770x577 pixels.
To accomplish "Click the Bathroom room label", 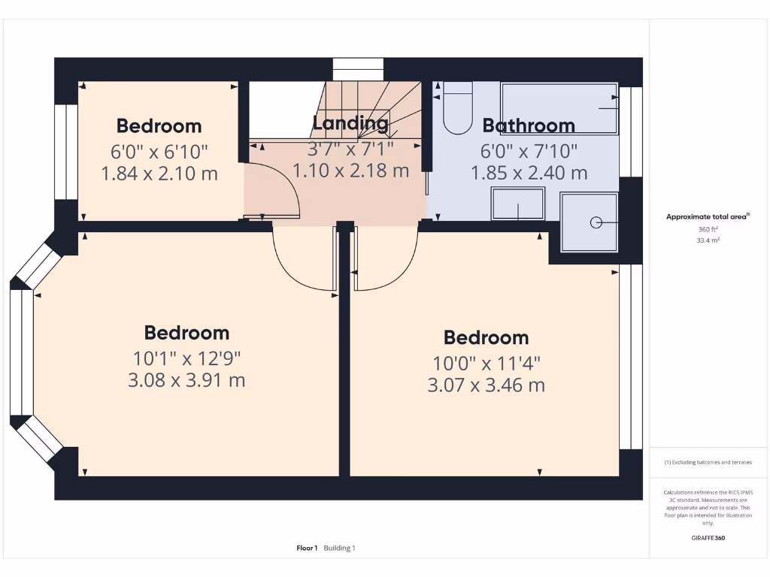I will click(528, 125).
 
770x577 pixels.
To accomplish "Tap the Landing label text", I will click(350, 123).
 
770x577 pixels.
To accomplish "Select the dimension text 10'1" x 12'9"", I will click(186, 358).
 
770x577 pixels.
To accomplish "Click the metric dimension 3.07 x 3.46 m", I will click(486, 386).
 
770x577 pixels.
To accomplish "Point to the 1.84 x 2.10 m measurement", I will click(159, 174).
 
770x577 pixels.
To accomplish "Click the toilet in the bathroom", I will click(456, 110).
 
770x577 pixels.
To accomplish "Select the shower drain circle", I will click(596, 222).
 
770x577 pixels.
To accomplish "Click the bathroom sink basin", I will click(517, 204).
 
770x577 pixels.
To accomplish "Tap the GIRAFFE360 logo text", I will click(708, 538).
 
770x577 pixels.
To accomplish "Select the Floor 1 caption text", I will click(307, 548).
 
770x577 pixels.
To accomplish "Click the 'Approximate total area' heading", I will click(707, 217).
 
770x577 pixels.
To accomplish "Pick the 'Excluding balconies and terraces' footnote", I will click(708, 462).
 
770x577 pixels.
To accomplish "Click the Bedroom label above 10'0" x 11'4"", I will click(486, 337).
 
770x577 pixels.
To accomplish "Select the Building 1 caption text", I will click(340, 548).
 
